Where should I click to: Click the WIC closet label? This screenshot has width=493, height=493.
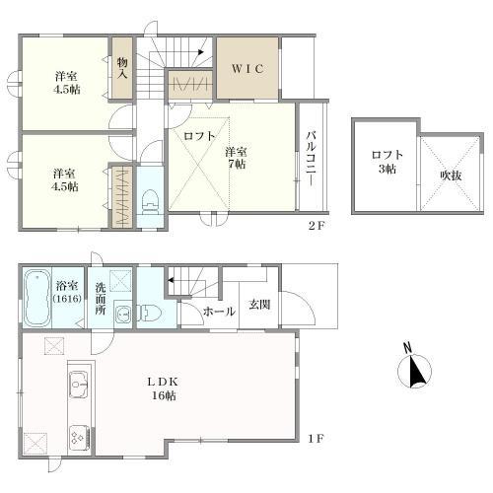click(x=246, y=70)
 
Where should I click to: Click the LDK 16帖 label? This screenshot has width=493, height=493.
click(x=163, y=387)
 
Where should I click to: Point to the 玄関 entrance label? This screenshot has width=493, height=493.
click(x=259, y=304)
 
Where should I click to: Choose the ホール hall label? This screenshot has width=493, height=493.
click(x=218, y=312)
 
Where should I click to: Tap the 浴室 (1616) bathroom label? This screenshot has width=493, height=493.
click(x=69, y=292)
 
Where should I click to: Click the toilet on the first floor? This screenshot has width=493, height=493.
click(x=149, y=314)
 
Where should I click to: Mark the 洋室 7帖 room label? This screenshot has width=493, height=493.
click(x=235, y=158)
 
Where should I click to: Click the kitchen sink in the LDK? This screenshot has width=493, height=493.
click(x=79, y=386)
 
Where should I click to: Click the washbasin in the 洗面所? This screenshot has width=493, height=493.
click(x=121, y=316)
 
